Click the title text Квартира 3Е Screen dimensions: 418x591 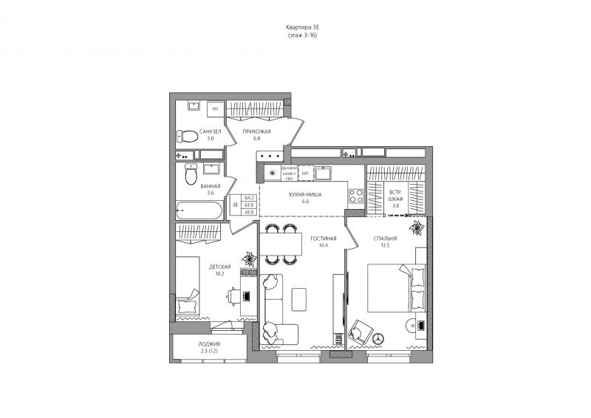(302, 27)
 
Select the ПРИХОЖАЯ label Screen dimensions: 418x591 (257, 131)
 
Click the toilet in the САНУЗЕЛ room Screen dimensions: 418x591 (187, 136)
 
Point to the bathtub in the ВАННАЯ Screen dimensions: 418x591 (199, 211)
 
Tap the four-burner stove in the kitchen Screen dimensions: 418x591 (355, 196)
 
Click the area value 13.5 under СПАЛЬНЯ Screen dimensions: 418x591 (385, 246)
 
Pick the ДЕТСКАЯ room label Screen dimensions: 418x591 (220, 267)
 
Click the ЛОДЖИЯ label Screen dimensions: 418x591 (209, 344)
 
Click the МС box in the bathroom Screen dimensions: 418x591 (216, 109)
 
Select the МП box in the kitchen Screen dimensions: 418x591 (304, 174)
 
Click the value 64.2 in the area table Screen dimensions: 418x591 (249, 198)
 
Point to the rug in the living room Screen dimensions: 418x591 (300, 299)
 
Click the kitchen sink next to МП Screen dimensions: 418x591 (324, 174)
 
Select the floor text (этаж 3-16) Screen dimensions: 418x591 (302, 35)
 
